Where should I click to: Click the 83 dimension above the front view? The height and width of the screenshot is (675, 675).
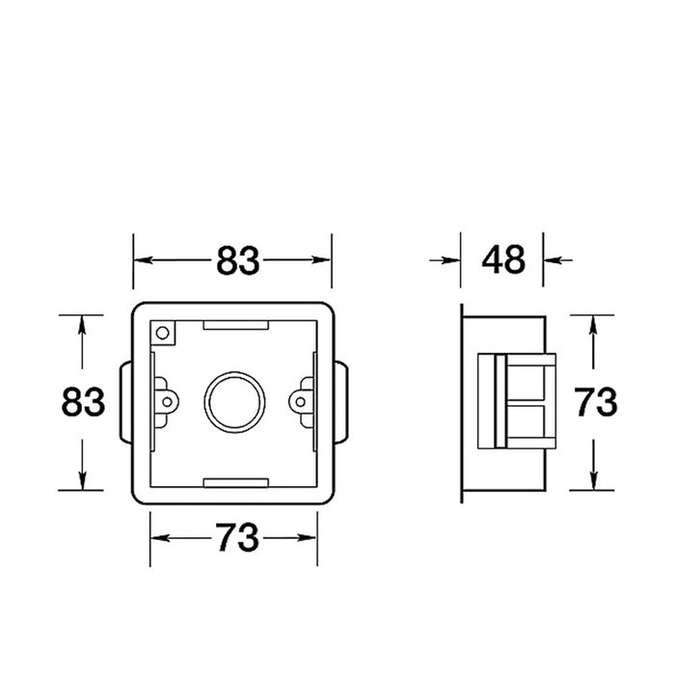pyautogui.click(x=237, y=260)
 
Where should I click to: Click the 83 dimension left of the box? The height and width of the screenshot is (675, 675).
pyautogui.click(x=83, y=402)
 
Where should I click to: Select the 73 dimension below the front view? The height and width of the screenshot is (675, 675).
pyautogui.click(x=237, y=537)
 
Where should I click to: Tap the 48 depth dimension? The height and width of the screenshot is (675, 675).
pyautogui.click(x=503, y=259)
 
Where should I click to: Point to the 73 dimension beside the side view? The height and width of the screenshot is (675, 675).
pyautogui.click(x=596, y=402)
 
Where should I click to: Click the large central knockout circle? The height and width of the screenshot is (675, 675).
pyautogui.click(x=234, y=402)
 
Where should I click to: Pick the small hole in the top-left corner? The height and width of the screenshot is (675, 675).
pyautogui.click(x=162, y=333)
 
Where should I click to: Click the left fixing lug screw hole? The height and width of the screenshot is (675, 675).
pyautogui.click(x=168, y=402)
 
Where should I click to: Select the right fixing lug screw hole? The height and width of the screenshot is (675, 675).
pyautogui.click(x=301, y=402)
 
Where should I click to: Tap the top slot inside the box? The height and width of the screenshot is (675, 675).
pyautogui.click(x=236, y=325)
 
